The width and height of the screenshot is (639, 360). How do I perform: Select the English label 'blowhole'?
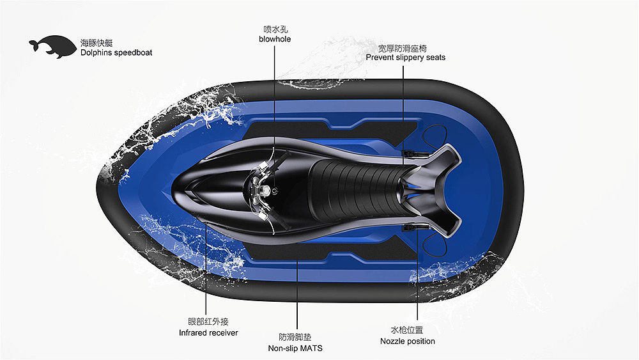click(275, 39)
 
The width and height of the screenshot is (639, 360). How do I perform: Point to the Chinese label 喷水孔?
click(275, 29)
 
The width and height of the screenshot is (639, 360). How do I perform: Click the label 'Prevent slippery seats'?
click(406, 58)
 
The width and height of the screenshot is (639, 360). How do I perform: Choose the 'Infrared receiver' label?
click(208, 333)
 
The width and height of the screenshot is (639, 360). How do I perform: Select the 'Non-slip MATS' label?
click(295, 348)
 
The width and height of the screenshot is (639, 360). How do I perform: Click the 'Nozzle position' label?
click(407, 341)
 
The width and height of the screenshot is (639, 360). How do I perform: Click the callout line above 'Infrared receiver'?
click(205, 275)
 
